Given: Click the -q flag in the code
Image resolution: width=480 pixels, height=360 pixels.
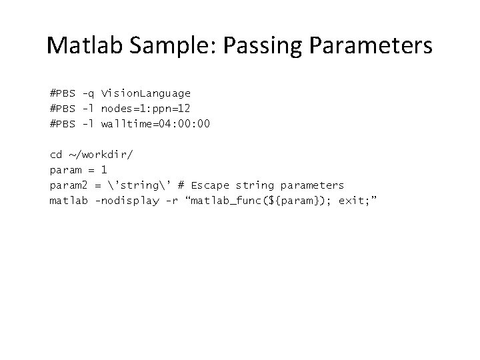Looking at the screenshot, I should pos(87,93).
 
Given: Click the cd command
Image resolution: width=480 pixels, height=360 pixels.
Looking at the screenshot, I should pos(56,155).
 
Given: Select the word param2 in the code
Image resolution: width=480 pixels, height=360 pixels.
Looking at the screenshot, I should pos(67,185).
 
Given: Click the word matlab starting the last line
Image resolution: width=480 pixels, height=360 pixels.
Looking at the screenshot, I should pos(67,200).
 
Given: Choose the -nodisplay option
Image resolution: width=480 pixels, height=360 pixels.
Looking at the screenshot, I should pos(126,200).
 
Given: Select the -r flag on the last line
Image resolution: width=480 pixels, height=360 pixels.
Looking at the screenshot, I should pos(171,200).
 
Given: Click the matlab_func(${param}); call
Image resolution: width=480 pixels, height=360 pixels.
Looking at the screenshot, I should pos(259,200).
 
